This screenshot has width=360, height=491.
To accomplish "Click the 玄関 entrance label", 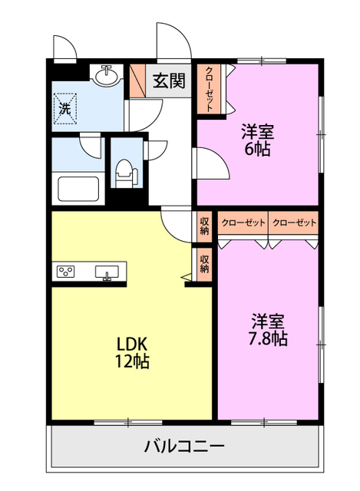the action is [169, 81].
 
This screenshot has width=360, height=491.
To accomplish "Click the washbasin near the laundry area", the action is [107, 76].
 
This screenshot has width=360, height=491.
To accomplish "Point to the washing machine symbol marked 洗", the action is [65, 108].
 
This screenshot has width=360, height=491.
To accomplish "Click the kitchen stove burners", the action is [65, 271].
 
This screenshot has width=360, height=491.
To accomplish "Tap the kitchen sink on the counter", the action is [107, 272].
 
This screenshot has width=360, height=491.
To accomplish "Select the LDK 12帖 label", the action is [132, 353].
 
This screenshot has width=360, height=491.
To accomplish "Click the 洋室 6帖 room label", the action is [258, 140].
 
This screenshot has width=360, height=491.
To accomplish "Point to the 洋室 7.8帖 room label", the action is [268, 329].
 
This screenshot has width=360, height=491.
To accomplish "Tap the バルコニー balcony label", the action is [184, 446].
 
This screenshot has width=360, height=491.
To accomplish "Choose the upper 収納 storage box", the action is [204, 227].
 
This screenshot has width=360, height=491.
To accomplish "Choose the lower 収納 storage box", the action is [204, 264].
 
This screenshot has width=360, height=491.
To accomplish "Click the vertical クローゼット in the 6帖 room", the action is [209, 90].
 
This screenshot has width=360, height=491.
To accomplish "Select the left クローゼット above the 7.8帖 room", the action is [243, 222].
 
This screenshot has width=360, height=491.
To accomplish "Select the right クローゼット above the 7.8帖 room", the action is [293, 222].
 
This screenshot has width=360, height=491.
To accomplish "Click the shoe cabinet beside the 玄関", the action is [137, 81].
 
